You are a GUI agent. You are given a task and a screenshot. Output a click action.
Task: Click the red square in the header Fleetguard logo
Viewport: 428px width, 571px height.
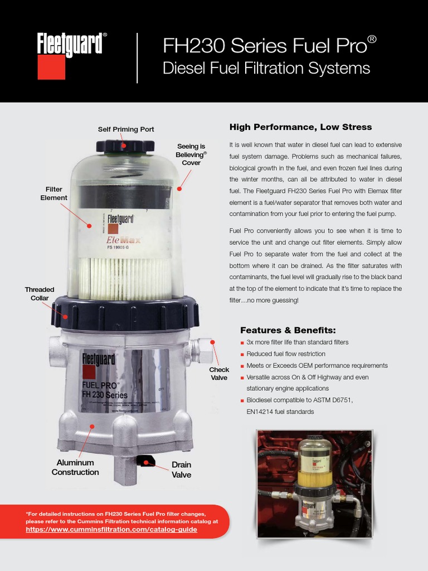[51, 67]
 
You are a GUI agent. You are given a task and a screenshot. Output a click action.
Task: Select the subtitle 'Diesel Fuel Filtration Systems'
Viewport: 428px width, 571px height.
[266, 68]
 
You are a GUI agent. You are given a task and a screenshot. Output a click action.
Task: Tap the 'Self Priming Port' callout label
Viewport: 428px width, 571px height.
[126, 129]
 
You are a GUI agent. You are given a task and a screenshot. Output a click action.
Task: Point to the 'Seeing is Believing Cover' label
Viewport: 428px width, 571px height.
[191, 154]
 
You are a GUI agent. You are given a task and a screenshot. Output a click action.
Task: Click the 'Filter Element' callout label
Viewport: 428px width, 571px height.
[54, 193]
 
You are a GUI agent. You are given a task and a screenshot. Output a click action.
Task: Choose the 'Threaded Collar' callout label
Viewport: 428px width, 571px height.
[40, 294]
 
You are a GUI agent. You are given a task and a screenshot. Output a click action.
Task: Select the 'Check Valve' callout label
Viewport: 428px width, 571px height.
[219, 374]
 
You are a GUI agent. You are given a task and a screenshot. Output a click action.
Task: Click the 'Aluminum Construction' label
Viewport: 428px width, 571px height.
[75, 467]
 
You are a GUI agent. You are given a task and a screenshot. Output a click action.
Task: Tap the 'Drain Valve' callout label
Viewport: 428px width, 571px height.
[181, 470]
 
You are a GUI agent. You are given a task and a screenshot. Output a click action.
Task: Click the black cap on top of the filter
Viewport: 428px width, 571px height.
[125, 147]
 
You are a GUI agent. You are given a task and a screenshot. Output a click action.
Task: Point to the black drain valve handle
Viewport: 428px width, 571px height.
[146, 460]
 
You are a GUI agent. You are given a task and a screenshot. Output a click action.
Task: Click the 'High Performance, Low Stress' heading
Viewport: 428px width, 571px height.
[300, 127]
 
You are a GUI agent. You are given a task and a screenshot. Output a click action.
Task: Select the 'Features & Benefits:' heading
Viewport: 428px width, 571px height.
[288, 330]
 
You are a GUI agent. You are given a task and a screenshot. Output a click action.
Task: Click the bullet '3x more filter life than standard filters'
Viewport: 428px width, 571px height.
[298, 342]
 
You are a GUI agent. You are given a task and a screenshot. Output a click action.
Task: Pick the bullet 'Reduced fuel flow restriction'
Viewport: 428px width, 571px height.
[290, 354]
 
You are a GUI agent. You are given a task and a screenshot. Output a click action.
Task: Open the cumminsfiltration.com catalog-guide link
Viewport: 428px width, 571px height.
[111, 529]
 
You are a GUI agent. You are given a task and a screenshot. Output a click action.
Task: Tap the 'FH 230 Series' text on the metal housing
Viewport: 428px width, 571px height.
[105, 395]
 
